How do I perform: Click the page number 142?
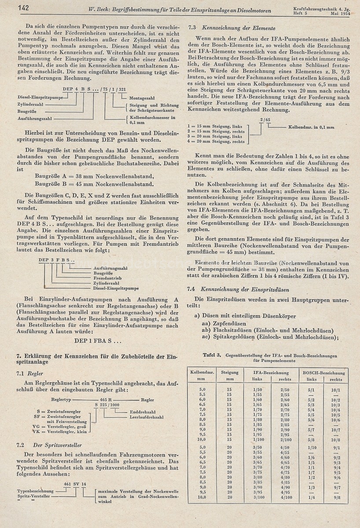[23, 7]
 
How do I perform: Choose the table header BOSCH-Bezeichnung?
[323, 372]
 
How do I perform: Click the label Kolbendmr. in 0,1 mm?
[311, 127]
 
